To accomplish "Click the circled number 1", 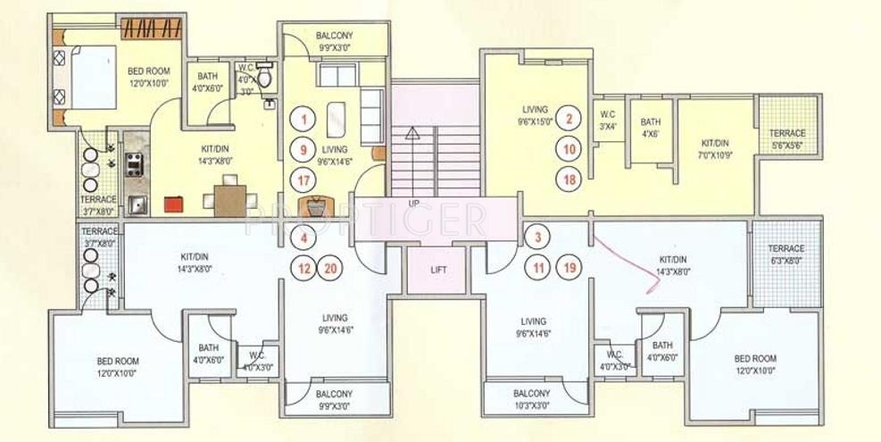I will [x=304, y=118].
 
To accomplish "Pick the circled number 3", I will [x=536, y=238].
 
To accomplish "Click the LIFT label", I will [x=436, y=269].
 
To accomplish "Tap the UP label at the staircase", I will [x=413, y=204].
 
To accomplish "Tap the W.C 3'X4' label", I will [x=608, y=120].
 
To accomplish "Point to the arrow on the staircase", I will [x=412, y=135].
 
